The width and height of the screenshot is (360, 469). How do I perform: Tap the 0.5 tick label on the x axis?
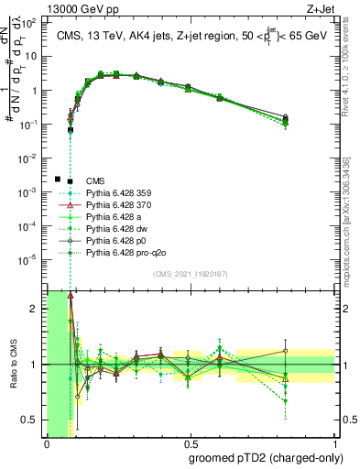tap(191, 443)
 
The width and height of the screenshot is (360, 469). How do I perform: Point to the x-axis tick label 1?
tap(336, 443)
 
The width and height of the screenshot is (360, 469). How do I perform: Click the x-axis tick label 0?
tap(47, 443)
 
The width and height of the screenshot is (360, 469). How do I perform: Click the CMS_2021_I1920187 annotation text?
tap(191, 273)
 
